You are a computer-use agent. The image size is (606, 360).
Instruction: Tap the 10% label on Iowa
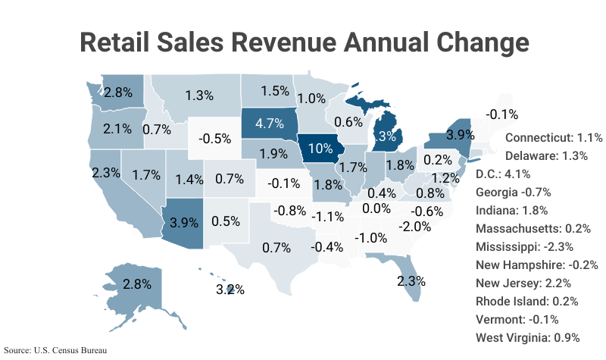(320, 148)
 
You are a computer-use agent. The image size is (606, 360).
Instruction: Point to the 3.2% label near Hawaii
(231, 290)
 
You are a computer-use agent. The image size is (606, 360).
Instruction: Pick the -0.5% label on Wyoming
(214, 139)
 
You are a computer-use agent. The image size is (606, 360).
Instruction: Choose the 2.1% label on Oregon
(117, 129)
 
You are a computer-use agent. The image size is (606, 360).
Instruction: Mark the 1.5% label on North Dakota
(275, 90)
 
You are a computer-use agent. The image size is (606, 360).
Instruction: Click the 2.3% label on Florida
(411, 280)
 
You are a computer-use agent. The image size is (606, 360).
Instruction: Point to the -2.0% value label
(416, 226)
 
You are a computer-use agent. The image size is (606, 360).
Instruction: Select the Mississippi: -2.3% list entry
(524, 246)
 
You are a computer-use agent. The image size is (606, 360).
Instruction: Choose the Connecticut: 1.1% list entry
(553, 138)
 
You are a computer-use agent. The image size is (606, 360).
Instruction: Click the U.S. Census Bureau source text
(54, 351)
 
